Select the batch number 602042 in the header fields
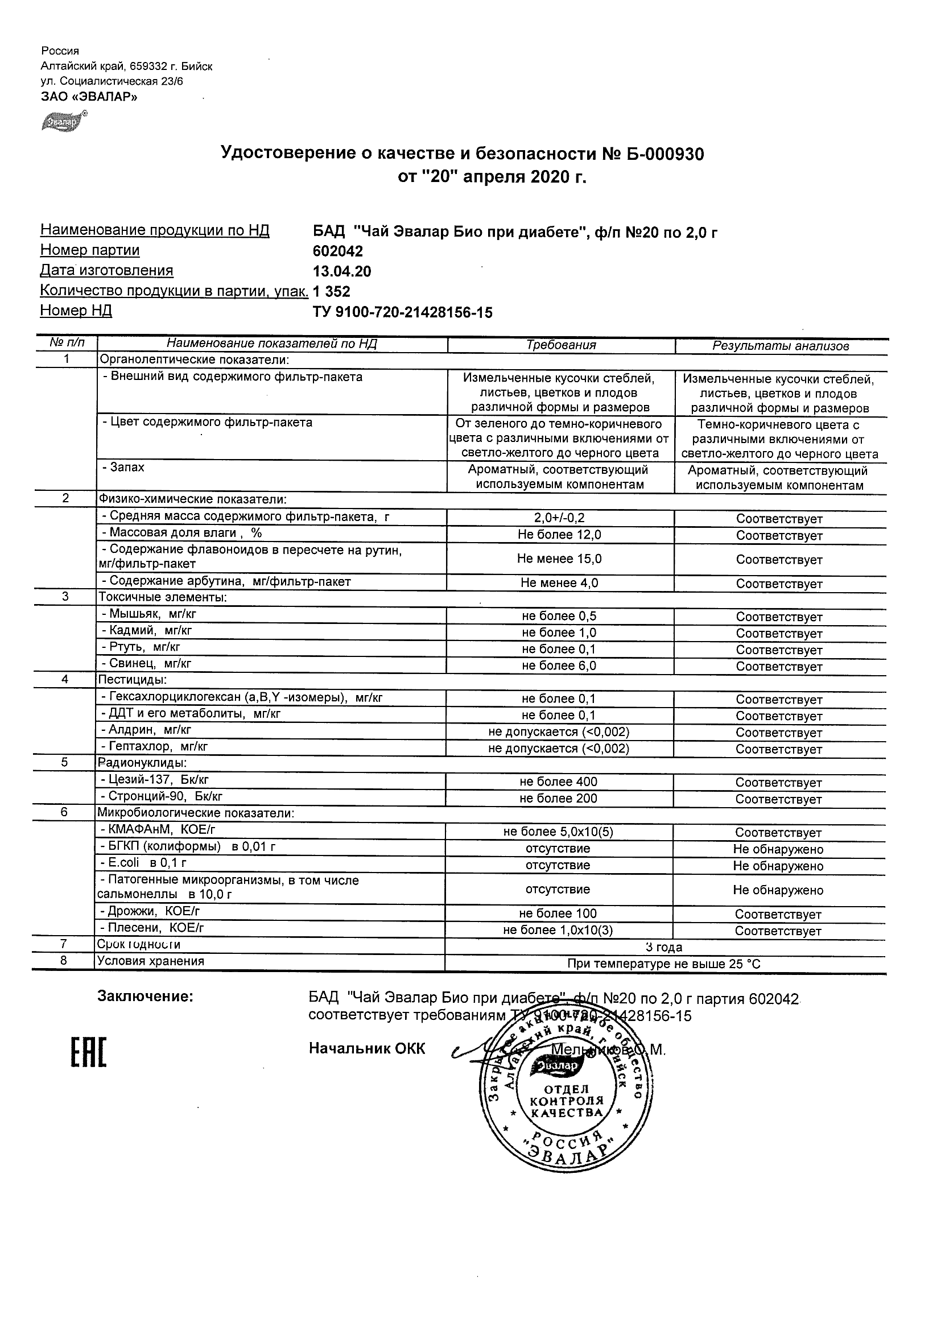pos(338,251)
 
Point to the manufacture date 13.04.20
pos(342,271)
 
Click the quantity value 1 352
pos(332,291)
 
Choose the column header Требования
pos(560,345)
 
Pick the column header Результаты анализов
pos(781,346)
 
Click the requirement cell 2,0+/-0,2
pos(559,518)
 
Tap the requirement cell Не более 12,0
pos(559,535)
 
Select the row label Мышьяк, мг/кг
pos(152,613)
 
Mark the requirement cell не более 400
pos(558,782)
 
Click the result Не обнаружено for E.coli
pos(778,866)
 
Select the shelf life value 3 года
pos(664,947)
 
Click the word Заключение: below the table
pos(145,997)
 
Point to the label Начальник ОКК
pos(367,1048)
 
